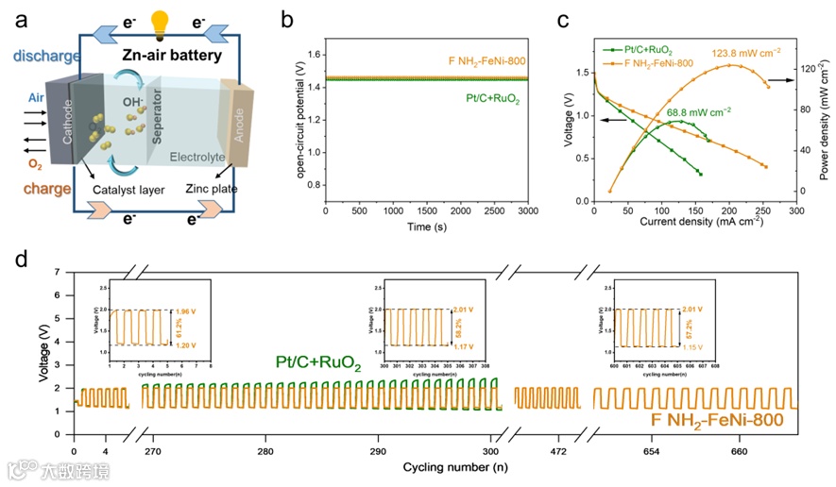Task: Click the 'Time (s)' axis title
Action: click(426, 228)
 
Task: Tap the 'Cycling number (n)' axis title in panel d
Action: click(455, 467)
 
